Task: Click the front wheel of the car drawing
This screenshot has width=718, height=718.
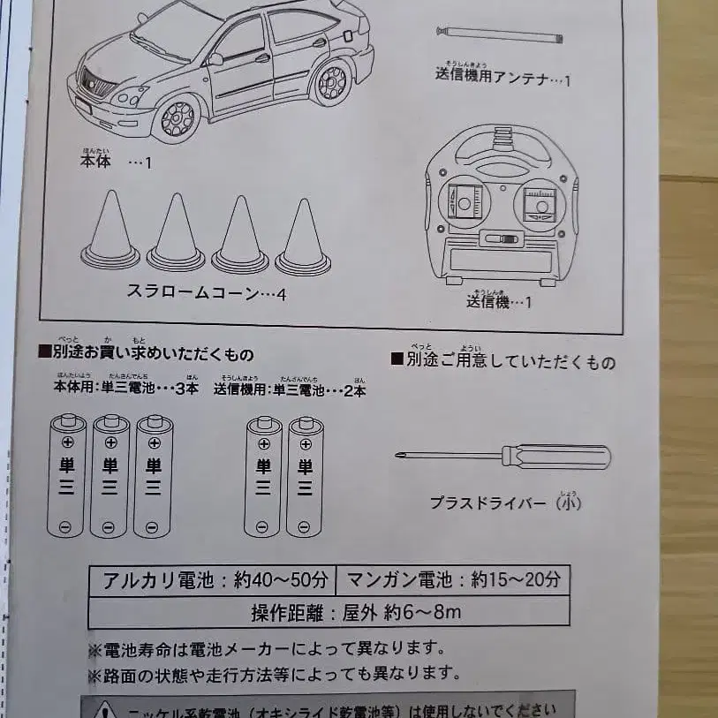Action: [178, 118]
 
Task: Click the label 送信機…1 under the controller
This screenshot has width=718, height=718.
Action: [499, 302]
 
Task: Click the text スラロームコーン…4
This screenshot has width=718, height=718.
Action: [206, 293]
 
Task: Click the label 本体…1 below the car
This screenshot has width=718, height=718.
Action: [114, 163]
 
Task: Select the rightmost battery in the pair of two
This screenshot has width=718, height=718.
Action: [306, 477]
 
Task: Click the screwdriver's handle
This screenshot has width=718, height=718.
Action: [556, 457]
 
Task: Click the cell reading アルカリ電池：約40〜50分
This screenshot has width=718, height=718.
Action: [212, 580]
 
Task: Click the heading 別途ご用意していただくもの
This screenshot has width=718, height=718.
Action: [503, 361]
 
